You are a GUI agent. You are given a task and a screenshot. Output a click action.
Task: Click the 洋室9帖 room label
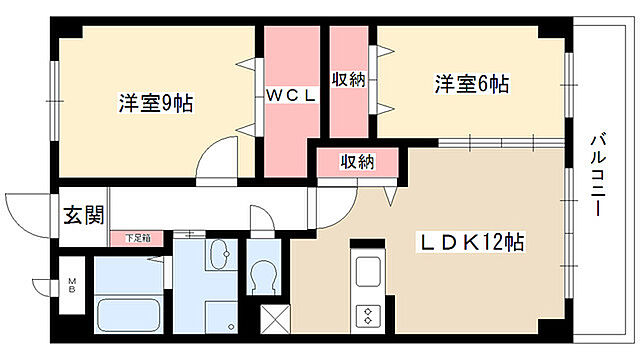pos(156,102)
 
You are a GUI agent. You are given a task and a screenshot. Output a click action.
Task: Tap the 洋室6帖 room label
pos(471,84)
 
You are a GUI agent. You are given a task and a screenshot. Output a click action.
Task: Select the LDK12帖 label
pos(471,242)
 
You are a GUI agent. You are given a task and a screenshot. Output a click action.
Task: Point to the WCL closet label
pos(291,96)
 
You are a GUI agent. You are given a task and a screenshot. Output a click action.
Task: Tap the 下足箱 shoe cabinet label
pos(138,238)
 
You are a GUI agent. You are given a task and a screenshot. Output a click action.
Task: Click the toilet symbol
pos(263,274)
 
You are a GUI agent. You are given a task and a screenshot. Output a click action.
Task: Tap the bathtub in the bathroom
pos(131,315)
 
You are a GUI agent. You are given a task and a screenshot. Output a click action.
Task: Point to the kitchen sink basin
pos(366,270)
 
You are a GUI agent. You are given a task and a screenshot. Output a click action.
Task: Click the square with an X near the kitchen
pos(273,321)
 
